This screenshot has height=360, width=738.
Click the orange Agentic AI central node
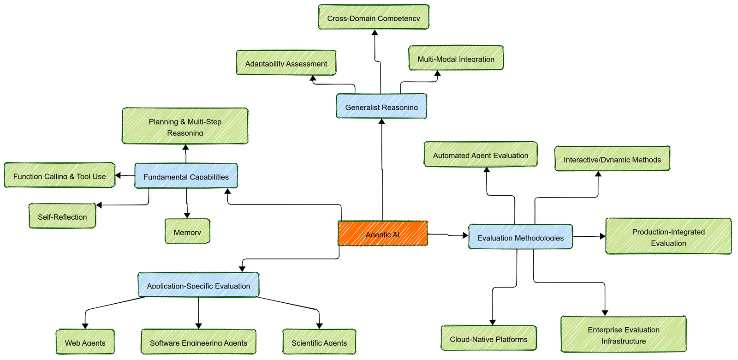pyautogui.click(x=382, y=233)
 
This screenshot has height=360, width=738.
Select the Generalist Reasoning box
pyautogui.click(x=381, y=106)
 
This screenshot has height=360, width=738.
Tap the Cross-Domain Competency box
pyautogui.click(x=374, y=17)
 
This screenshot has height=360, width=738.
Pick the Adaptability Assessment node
pyautogui.click(x=286, y=63)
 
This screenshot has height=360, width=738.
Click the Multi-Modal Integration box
pyautogui.click(x=456, y=58)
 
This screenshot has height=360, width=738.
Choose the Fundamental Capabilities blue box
pyautogui.click(x=186, y=176)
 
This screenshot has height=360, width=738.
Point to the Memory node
pyautogui.click(x=187, y=231)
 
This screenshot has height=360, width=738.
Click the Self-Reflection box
pyautogui.click(x=62, y=216)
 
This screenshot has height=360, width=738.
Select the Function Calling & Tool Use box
pyautogui.click(x=60, y=175)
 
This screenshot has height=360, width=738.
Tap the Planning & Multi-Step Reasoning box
pyautogui.click(x=185, y=126)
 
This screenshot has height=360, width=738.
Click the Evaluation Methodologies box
pyautogui.click(x=520, y=237)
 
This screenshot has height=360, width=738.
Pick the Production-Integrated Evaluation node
pyautogui.click(x=668, y=236)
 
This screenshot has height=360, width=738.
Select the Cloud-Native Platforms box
pyautogui.click(x=488, y=338)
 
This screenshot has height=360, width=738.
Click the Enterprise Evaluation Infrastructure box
pyautogui.click(x=624, y=335)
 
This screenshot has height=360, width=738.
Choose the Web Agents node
pyautogui.click(x=85, y=342)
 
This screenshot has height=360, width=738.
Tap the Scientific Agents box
pyautogui.click(x=319, y=342)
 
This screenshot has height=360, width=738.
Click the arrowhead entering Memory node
pyautogui.click(x=187, y=216)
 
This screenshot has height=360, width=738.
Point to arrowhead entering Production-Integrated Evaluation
pyautogui.click(x=602, y=236)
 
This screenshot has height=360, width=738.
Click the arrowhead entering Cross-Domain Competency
pyautogui.click(x=375, y=33)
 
